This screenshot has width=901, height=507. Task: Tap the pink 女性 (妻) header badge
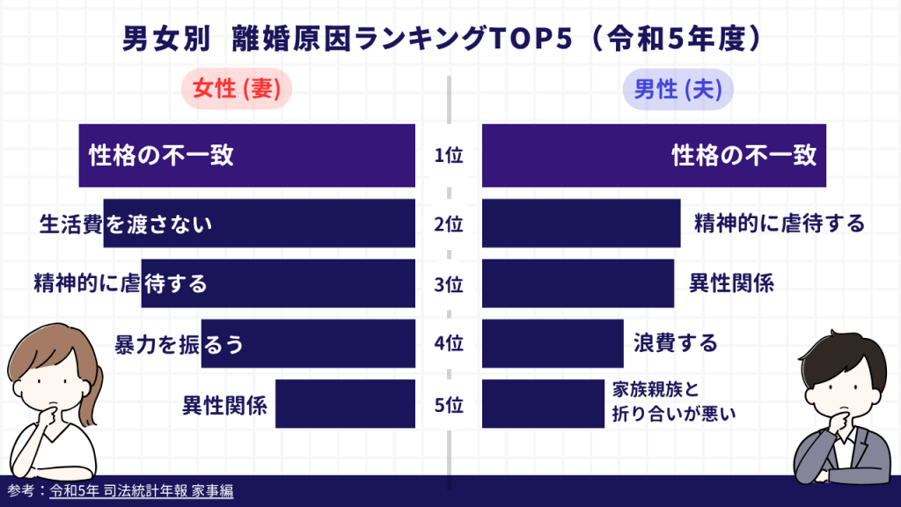coord(237,90)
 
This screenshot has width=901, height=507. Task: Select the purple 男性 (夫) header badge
coord(678,90)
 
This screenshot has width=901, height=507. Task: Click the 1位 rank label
coord(449,156)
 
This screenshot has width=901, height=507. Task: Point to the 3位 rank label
coord(449,284)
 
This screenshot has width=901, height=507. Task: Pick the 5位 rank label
coord(449,406)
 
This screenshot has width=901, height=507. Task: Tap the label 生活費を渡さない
coord(126,224)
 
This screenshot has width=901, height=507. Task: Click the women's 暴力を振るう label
coord(179,344)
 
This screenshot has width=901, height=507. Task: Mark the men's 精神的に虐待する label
coord(780,224)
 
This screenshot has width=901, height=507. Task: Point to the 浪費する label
coord(675,343)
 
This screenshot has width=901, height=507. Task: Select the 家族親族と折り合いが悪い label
coord(673,401)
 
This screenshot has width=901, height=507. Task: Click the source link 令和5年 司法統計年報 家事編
coord(142,491)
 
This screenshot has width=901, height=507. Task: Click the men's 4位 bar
coord(553,343)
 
